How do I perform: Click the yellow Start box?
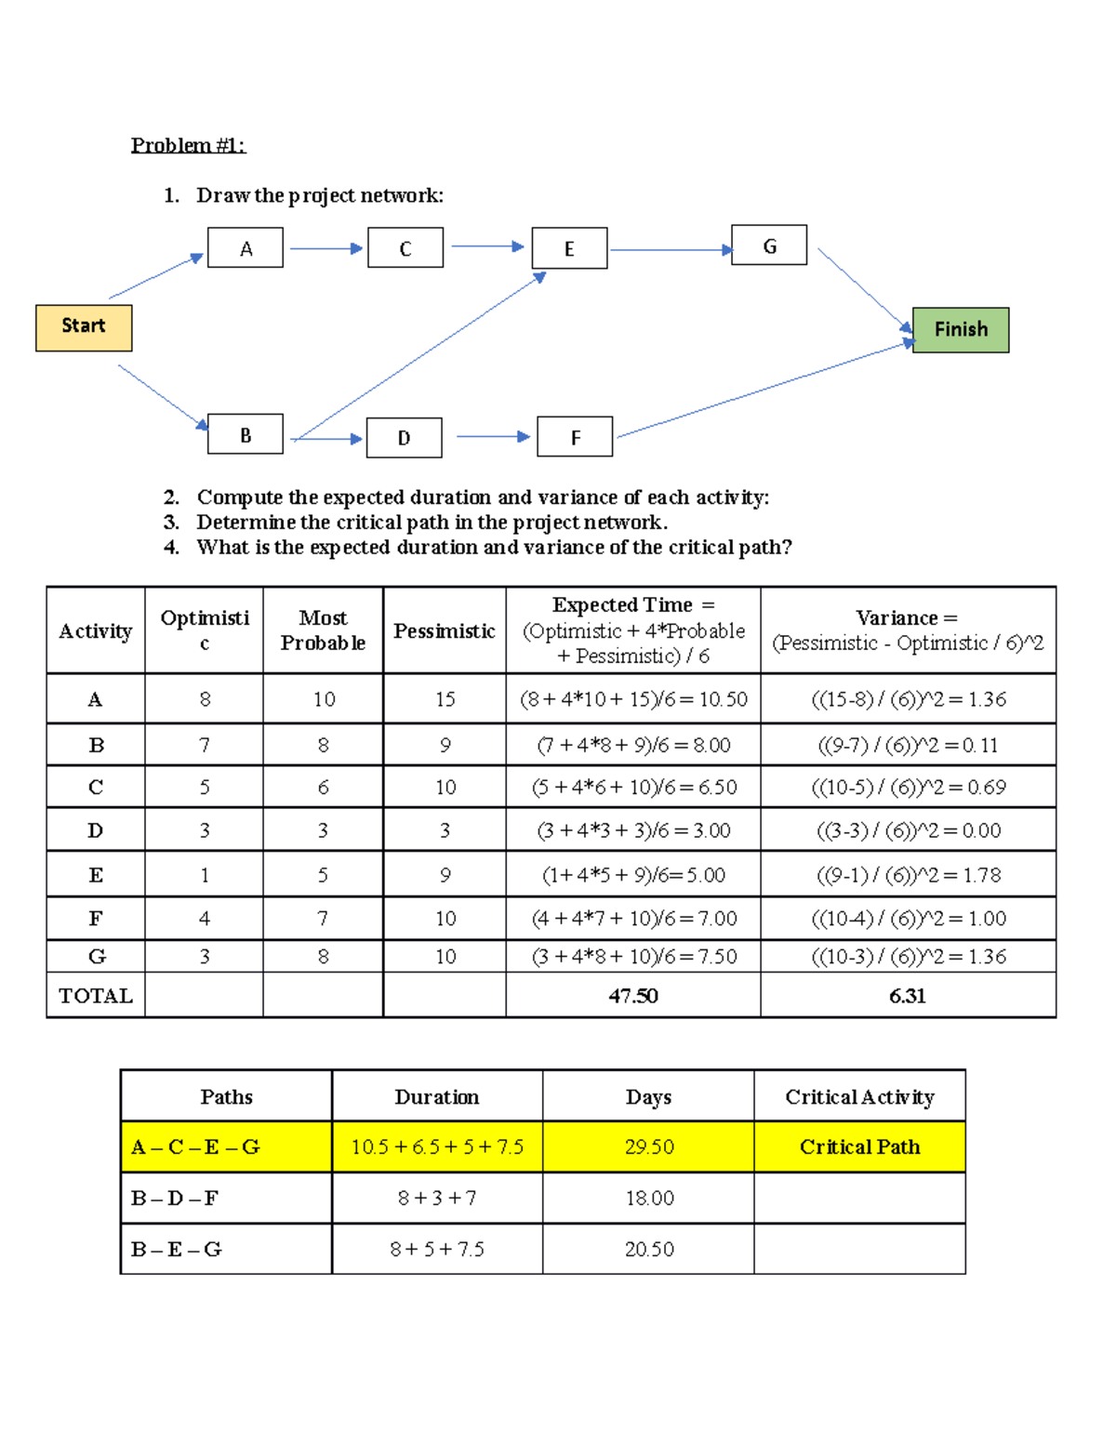coord(84,327)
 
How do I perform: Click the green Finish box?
coord(961,330)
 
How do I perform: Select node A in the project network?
coord(246,248)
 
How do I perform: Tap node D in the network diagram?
coord(404,438)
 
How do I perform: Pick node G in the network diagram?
coord(769,245)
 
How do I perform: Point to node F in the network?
coord(575,437)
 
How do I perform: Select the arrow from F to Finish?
coord(763,391)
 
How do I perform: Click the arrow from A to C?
coord(325,248)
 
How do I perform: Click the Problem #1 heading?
coord(188,145)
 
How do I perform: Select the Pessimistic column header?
coord(444,631)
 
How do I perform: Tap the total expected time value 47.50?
coord(633,996)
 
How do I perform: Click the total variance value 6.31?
coord(907,996)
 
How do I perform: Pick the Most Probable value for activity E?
coord(323,875)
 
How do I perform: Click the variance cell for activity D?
coord(909,830)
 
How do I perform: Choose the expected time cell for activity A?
coord(633,699)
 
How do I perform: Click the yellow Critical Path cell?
coord(859,1147)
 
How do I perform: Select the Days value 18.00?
coord(649,1199)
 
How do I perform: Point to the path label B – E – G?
coord(177,1250)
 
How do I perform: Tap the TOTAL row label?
coord(96,996)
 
